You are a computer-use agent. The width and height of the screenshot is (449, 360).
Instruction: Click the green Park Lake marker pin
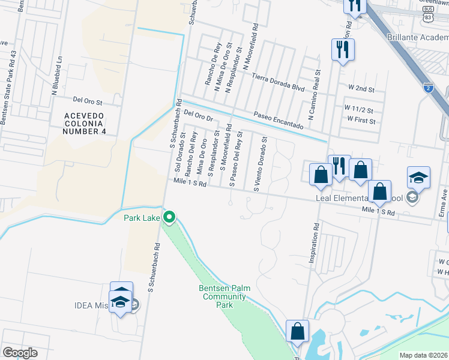pyautogui.click(x=170, y=217)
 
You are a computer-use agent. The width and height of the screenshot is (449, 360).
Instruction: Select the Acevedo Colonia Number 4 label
pyautogui.click(x=86, y=123)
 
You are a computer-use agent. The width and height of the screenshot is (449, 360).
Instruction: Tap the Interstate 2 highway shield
pyautogui.click(x=428, y=88)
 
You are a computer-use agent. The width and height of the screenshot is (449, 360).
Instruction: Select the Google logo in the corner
pyautogui.click(x=19, y=353)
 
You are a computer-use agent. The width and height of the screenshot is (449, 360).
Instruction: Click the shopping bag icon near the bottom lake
pyautogui.click(x=298, y=331)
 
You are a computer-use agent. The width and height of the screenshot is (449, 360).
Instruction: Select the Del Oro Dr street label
pyautogui.click(x=199, y=115)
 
